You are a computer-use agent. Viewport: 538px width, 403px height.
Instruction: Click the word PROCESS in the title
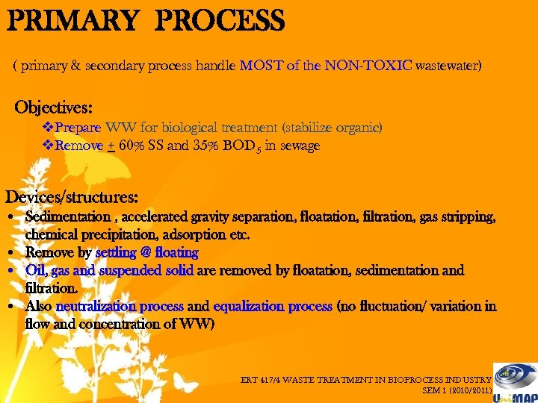tap(220, 20)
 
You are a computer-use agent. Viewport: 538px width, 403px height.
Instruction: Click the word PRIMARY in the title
tap(72, 20)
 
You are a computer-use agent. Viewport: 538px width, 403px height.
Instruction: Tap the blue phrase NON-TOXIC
tap(368, 66)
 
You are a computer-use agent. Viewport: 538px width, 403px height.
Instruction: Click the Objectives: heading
tap(54, 106)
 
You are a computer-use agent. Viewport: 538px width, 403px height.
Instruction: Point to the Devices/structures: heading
tap(72, 198)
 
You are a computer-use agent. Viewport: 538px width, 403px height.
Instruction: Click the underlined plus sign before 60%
tap(111, 146)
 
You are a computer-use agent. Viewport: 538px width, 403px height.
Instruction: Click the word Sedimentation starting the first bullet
tap(67, 217)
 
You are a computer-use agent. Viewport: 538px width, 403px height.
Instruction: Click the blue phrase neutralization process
tap(120, 307)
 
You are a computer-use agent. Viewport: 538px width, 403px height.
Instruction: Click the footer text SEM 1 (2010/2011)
tap(457, 390)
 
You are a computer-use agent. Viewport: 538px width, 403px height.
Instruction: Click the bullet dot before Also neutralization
tap(16, 307)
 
